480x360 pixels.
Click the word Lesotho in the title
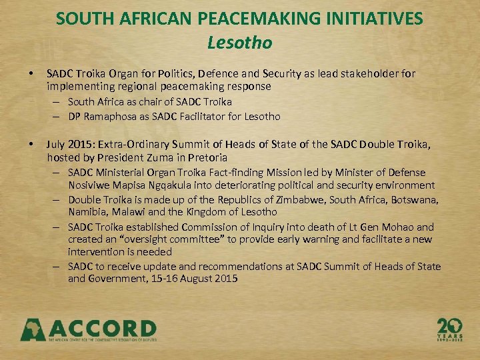(239, 43)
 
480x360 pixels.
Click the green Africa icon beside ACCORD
(33, 329)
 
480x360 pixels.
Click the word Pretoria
(207, 158)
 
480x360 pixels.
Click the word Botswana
(415, 199)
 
